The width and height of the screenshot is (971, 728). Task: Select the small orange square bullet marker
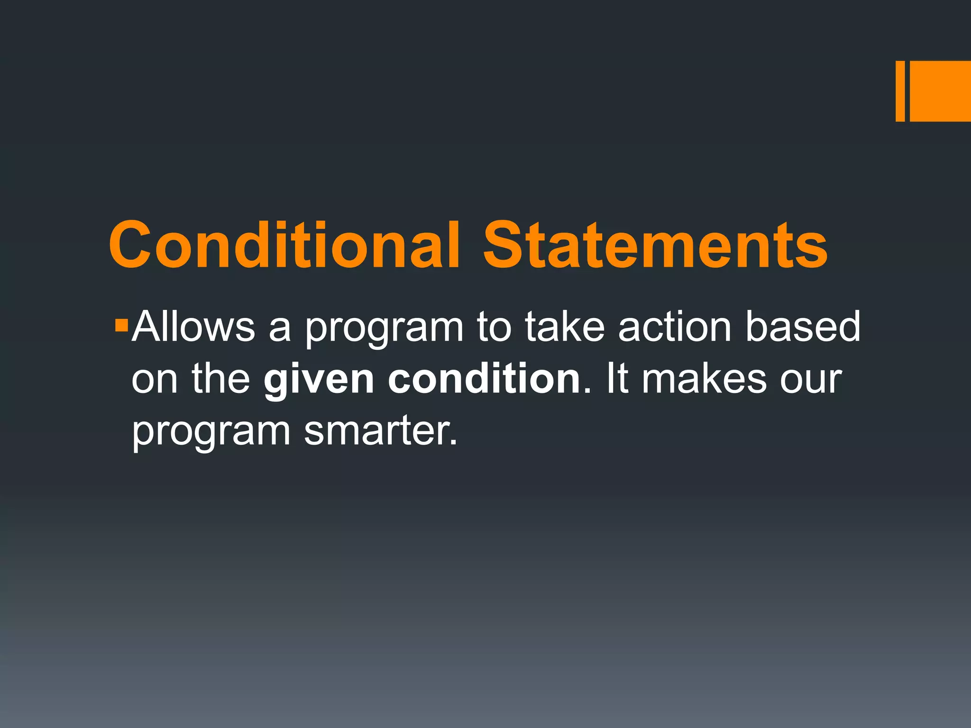(121, 326)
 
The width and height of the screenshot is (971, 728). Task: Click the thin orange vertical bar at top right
(900, 91)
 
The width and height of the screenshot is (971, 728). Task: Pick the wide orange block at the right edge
(940, 91)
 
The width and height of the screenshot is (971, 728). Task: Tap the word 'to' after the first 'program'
(494, 327)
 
